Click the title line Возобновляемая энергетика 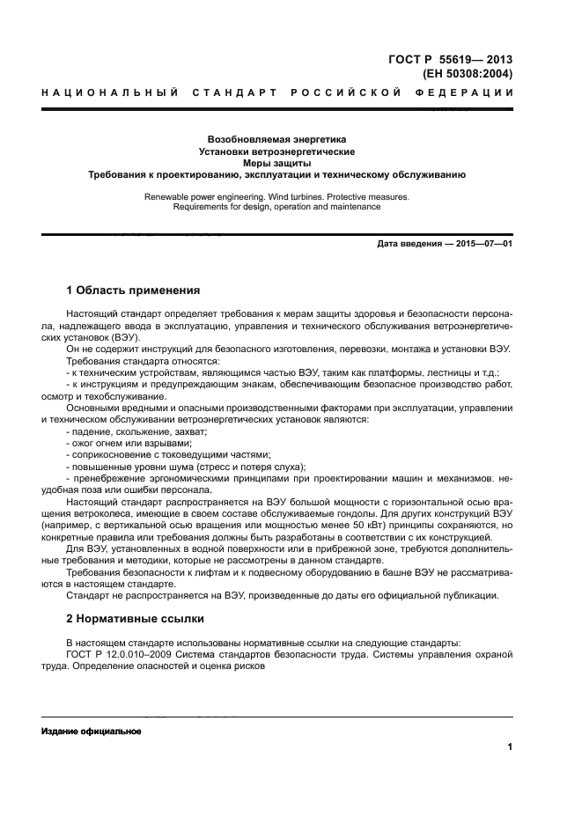point(276,139)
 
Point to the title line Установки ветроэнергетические point(276,151)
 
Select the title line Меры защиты point(276,163)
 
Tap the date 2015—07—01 point(483,244)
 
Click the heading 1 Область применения point(133,290)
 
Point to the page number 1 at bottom point(510,748)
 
